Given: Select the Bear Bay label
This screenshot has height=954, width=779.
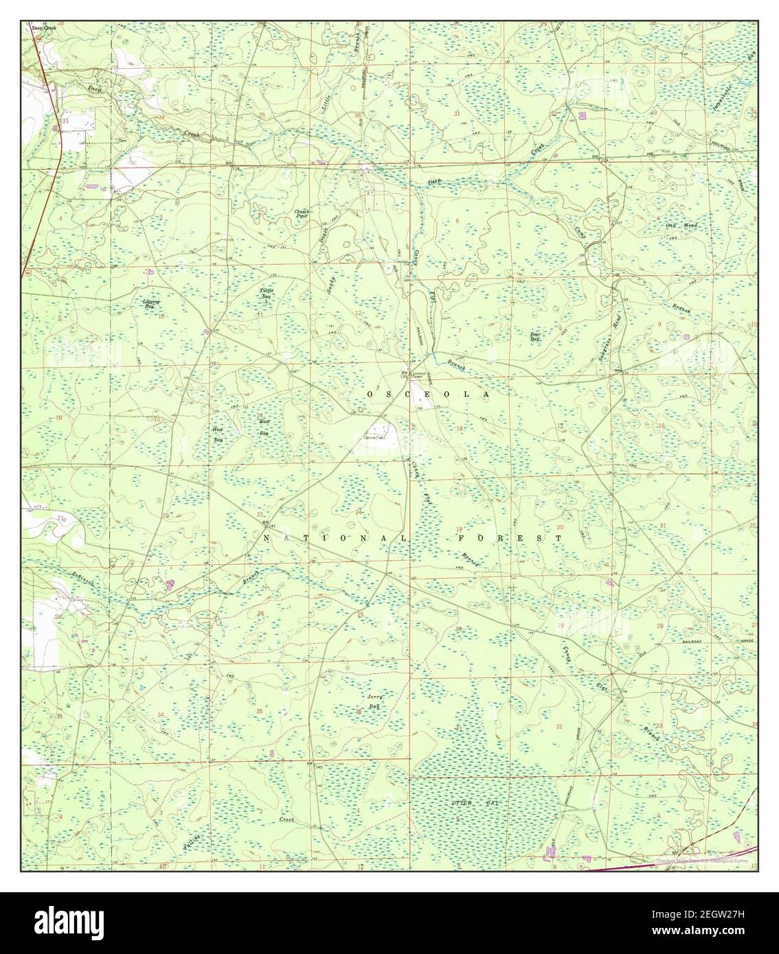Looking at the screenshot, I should [x=535, y=337].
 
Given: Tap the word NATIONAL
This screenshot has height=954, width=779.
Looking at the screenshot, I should [x=335, y=539].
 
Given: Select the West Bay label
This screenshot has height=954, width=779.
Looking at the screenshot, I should [x=218, y=434].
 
